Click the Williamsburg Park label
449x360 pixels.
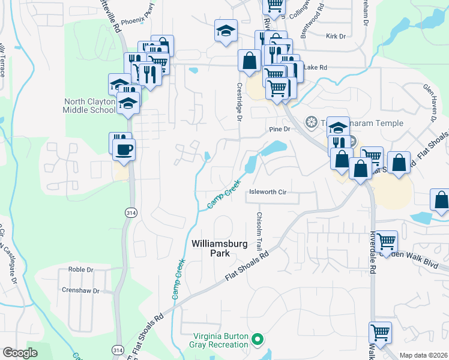(x=211, y=248)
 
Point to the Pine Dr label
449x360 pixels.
(x=280, y=129)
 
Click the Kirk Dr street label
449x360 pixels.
(x=336, y=37)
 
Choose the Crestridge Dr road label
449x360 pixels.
(x=239, y=102)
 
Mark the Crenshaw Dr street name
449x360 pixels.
(x=80, y=290)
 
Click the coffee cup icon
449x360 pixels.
(x=124, y=150)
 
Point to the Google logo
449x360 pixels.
(x=20, y=353)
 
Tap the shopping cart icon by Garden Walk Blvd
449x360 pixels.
(x=387, y=242)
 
